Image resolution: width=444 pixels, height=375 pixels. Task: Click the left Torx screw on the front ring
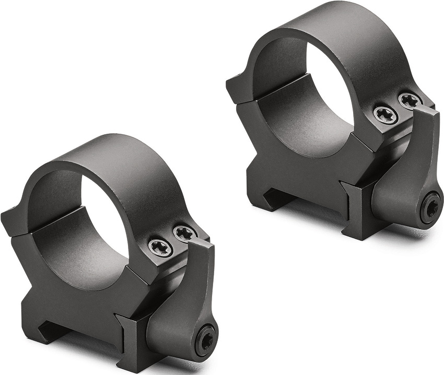click(x=160, y=247)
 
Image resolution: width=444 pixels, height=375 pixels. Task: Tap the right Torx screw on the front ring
click(x=184, y=233)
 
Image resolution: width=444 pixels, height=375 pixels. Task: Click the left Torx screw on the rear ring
click(x=385, y=114)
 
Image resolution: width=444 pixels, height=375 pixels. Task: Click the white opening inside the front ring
click(x=107, y=219)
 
